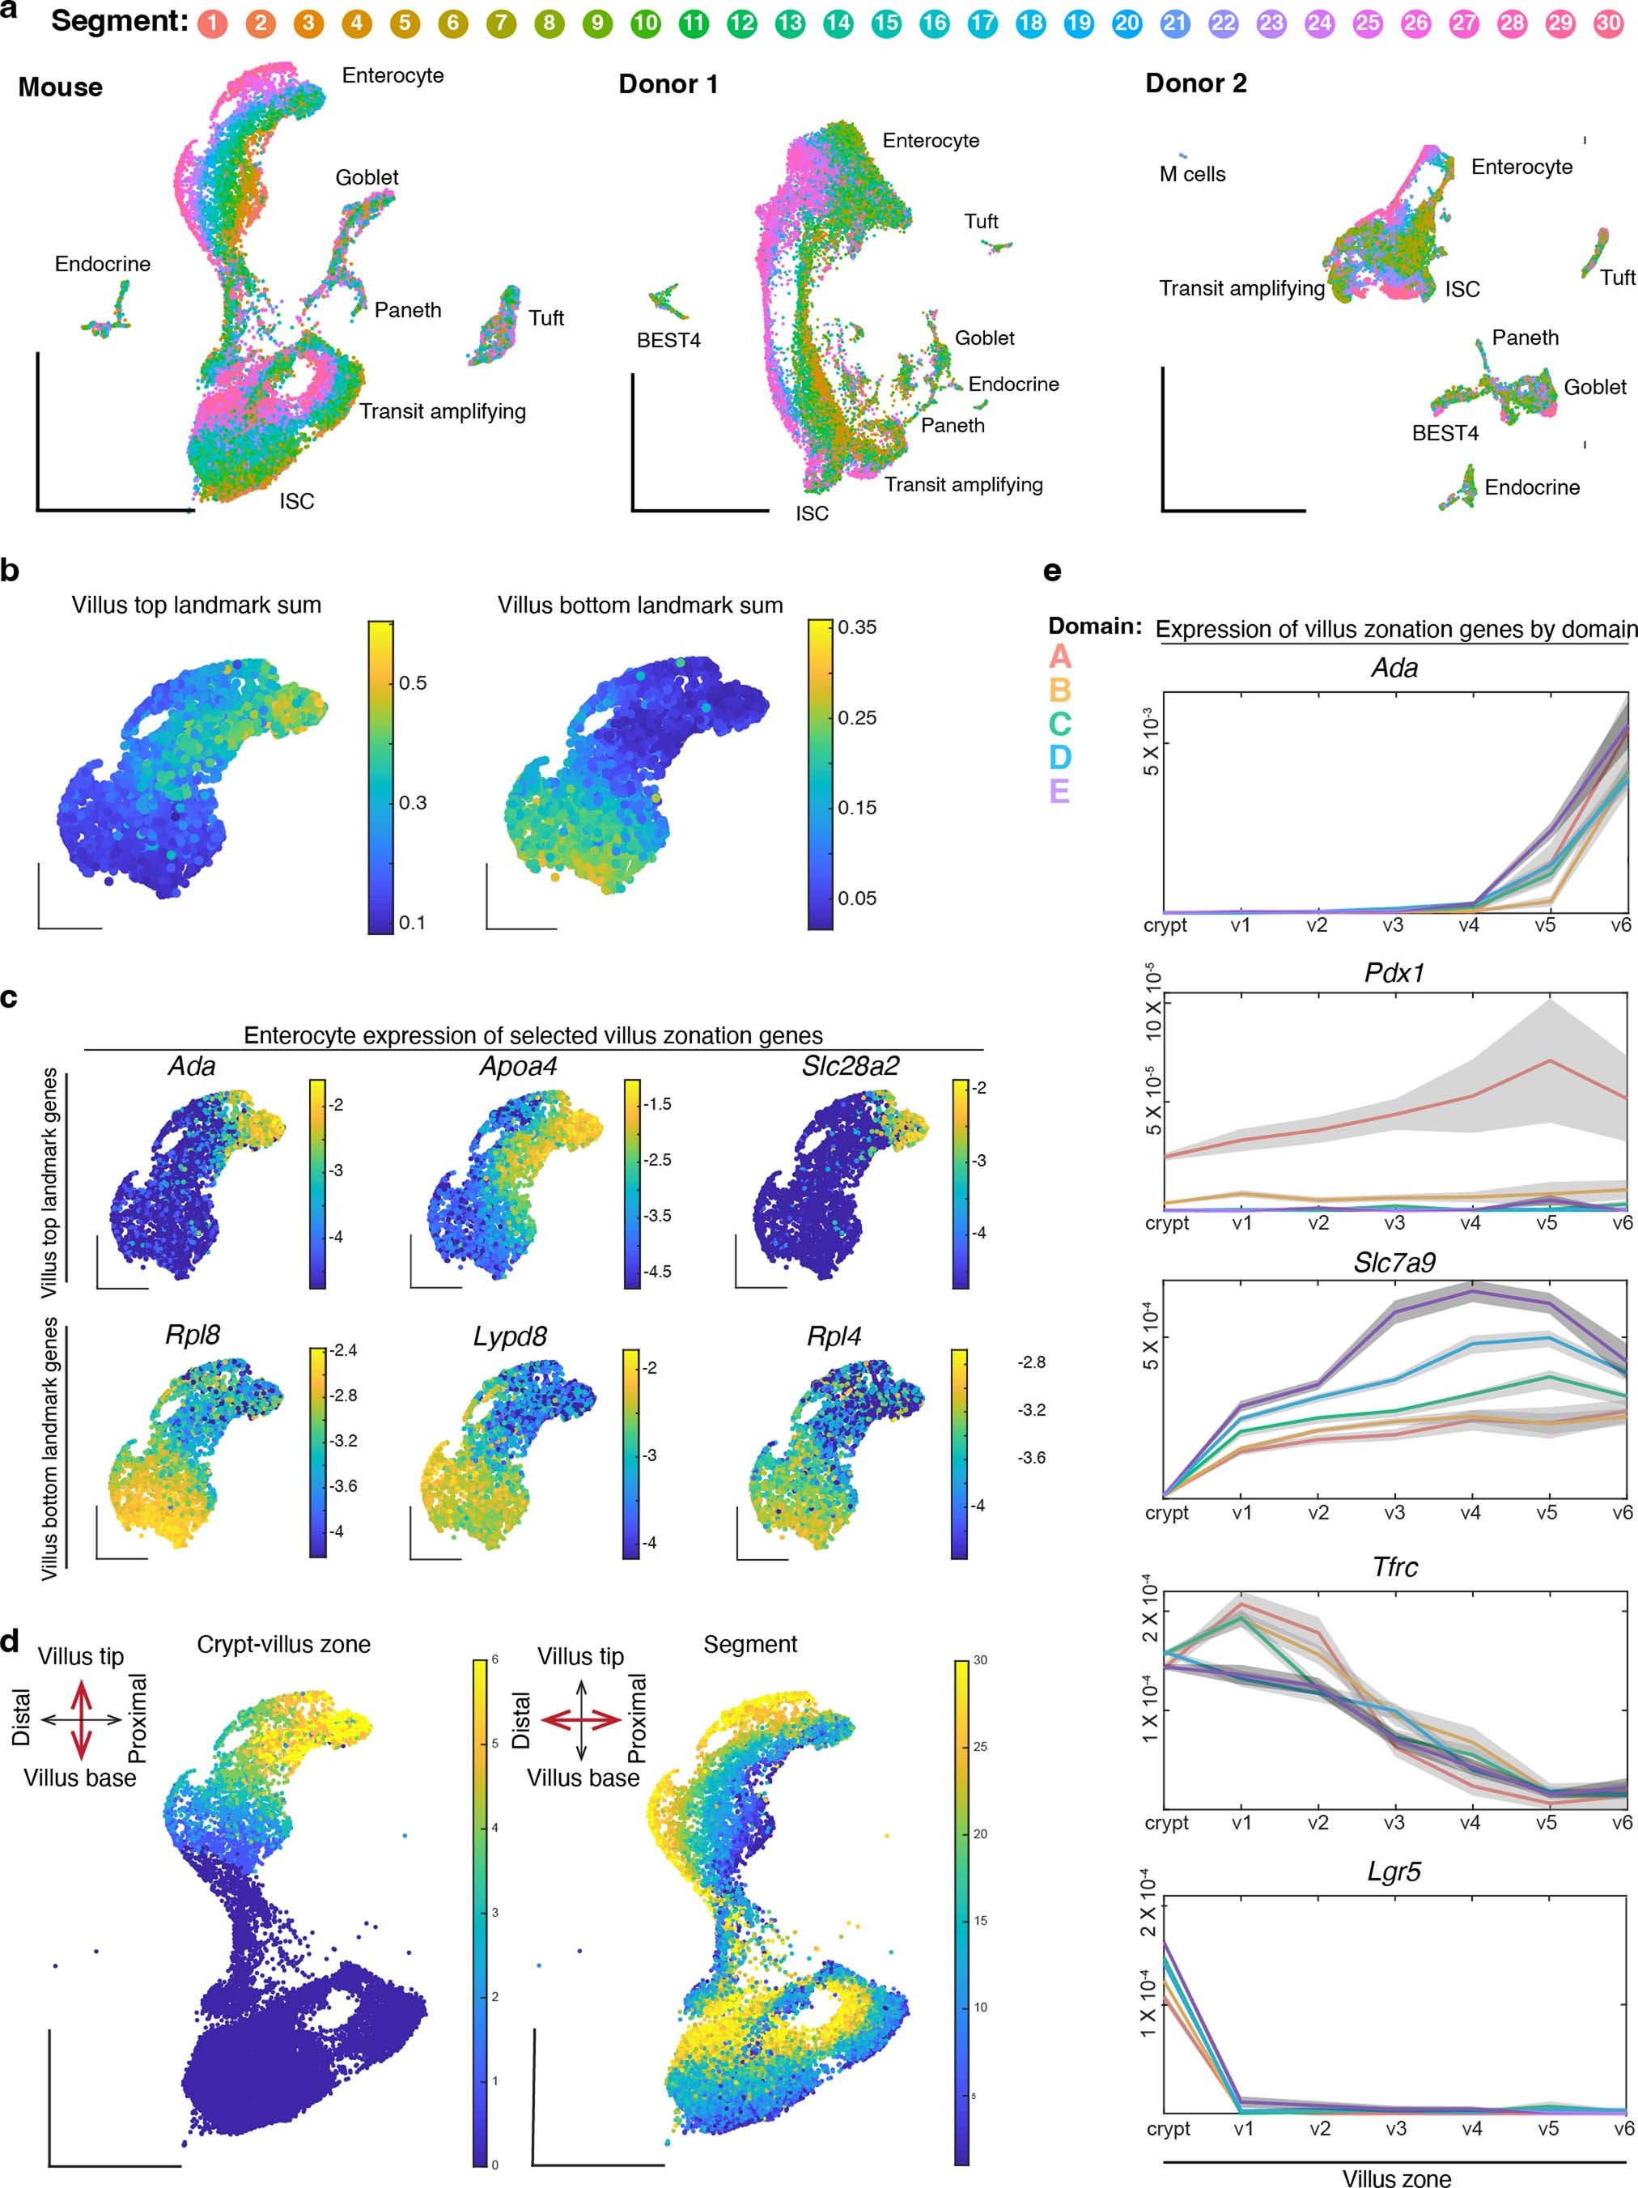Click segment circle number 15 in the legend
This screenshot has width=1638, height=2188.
(x=885, y=23)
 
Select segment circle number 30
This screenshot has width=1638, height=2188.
(x=1608, y=23)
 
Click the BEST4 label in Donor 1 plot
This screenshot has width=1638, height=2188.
(x=668, y=340)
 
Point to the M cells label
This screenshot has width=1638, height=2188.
(x=1192, y=175)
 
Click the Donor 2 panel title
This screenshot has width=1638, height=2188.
(x=1196, y=84)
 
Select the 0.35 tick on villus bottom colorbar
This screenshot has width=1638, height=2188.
(x=856, y=627)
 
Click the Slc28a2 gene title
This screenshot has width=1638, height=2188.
(x=850, y=1065)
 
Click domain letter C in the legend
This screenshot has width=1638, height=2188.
(x=1059, y=724)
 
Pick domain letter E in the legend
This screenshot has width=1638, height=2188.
(x=1059, y=792)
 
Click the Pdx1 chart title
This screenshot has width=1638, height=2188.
(x=1394, y=972)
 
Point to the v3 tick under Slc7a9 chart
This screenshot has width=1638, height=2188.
(x=1394, y=1512)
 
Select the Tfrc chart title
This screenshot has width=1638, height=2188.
(x=1394, y=1567)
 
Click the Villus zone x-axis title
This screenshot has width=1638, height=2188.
(x=1396, y=2178)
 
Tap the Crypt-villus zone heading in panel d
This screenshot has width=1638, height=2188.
(x=284, y=1644)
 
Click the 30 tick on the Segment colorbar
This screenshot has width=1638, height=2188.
(x=980, y=1659)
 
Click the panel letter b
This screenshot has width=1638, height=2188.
(x=10, y=571)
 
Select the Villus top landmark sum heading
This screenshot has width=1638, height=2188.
(x=196, y=605)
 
